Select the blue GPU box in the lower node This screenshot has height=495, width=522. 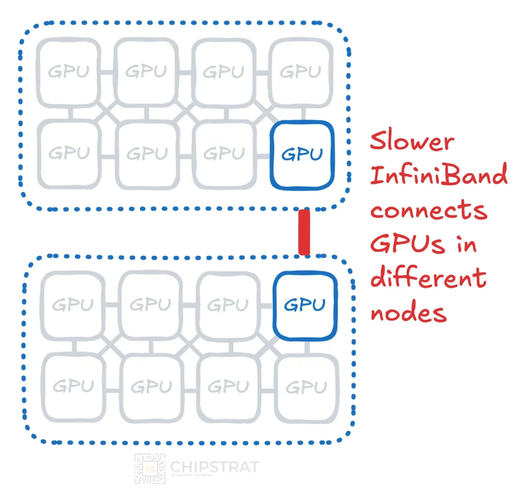(305, 305)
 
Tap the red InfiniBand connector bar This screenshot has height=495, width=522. (304, 232)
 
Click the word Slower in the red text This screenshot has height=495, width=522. (412, 142)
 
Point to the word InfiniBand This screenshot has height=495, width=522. (438, 175)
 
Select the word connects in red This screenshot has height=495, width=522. (428, 211)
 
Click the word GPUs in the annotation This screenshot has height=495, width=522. (407, 244)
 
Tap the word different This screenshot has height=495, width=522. (428, 277)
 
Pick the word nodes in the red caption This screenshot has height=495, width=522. (408, 313)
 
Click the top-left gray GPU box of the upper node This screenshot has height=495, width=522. (69, 72)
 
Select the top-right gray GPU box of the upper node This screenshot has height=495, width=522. (300, 72)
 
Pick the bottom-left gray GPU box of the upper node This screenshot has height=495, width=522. (69, 154)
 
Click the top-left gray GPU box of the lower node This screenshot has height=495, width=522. (72, 305)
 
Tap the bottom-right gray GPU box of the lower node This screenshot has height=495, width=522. (306, 387)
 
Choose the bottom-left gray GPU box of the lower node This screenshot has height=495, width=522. (72, 387)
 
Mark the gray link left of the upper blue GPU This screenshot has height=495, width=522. (262, 156)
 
